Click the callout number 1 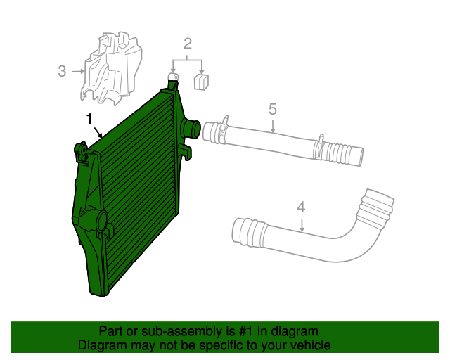pos(89,118)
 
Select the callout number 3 pos(62,70)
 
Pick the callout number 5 pos(273,109)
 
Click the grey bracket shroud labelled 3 pos(111,69)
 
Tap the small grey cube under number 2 pos(201,82)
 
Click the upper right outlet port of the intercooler pos(190,129)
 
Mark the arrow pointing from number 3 pos(77,70)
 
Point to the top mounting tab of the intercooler pos(172,82)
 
